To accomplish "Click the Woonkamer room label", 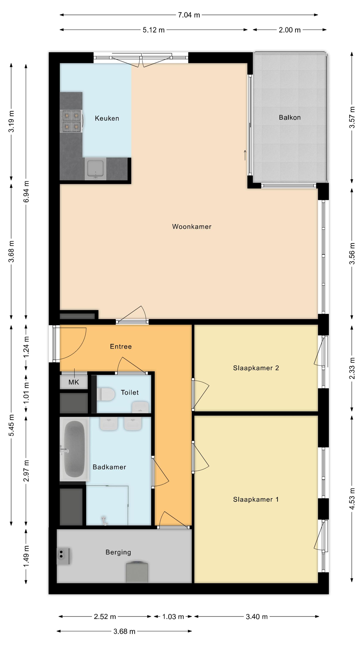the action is click(x=192, y=227).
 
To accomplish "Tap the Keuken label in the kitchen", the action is click(x=107, y=118).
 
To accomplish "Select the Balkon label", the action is click(x=290, y=117).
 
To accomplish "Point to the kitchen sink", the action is click(x=95, y=169).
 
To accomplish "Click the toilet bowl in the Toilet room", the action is click(x=105, y=394).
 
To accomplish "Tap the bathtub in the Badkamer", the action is click(x=74, y=449).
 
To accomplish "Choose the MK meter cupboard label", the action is click(x=74, y=382).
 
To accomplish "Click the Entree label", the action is click(x=121, y=346).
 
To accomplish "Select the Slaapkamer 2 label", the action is click(x=256, y=368).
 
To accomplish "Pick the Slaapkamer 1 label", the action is click(x=256, y=499).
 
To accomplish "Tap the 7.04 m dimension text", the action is click(x=189, y=15).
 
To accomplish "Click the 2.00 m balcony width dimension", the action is click(x=290, y=30).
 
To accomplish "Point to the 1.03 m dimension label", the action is click(x=173, y=617).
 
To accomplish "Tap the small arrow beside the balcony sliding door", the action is click(x=245, y=155).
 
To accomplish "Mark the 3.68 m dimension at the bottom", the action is click(x=124, y=631).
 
